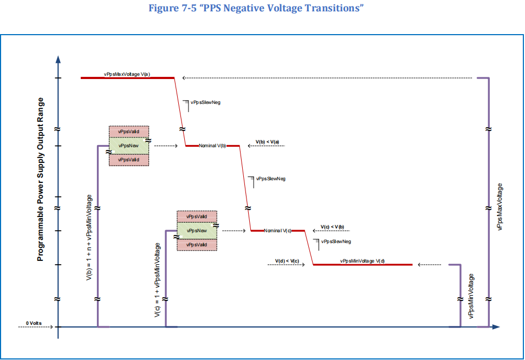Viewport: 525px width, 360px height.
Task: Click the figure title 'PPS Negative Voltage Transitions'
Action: (x=262, y=9)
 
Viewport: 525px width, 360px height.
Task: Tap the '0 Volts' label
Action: (x=34, y=323)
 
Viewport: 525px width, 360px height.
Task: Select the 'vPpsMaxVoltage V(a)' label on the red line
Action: (x=127, y=74)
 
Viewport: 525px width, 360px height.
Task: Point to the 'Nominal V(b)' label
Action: (x=212, y=146)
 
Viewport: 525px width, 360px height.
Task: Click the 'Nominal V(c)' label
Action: (x=278, y=231)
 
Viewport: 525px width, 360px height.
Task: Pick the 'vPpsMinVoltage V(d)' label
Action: (x=362, y=261)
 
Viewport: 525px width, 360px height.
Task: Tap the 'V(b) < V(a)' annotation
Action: (x=267, y=142)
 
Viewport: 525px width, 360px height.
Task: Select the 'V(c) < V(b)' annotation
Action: (x=332, y=227)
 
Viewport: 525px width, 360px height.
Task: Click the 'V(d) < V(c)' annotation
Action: (x=287, y=261)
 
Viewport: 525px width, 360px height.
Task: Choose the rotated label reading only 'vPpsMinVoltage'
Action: (x=471, y=296)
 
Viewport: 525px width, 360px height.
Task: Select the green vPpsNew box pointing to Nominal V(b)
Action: (x=129, y=146)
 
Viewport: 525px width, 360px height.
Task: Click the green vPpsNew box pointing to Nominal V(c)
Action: (x=197, y=231)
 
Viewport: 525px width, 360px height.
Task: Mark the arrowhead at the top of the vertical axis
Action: (x=58, y=58)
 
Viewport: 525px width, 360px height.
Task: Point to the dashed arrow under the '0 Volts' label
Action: (x=36, y=327)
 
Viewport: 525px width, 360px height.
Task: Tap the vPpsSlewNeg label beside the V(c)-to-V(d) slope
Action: (x=336, y=241)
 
